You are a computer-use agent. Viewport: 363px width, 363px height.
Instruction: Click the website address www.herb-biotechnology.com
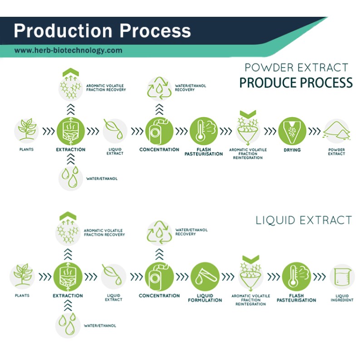(x=68, y=51)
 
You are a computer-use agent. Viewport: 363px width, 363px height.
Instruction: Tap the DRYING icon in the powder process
(x=292, y=131)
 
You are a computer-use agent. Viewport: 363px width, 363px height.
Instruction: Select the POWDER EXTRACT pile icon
(x=336, y=131)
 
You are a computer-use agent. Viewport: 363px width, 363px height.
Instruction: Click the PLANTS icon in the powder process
(x=27, y=131)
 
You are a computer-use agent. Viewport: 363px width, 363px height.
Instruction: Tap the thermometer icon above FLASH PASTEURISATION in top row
(x=203, y=131)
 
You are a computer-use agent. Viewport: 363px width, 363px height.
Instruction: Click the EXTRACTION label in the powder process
(x=70, y=150)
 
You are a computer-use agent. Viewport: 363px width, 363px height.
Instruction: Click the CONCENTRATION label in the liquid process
(x=159, y=296)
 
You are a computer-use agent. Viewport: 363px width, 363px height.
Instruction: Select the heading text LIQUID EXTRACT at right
(x=304, y=221)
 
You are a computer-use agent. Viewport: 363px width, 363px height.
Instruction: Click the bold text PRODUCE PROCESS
(x=295, y=83)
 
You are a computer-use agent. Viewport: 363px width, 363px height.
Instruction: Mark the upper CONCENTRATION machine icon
(x=159, y=131)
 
